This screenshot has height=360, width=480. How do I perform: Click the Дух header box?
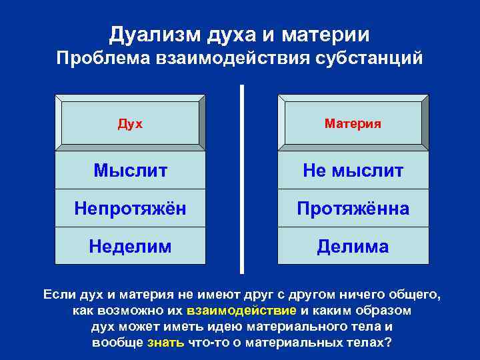tap(130, 123)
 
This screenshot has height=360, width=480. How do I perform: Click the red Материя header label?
tap(353, 123)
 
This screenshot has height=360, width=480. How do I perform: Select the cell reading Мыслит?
tap(130, 171)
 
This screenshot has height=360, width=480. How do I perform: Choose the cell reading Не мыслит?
tap(353, 171)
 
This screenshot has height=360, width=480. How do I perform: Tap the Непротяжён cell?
tap(130, 209)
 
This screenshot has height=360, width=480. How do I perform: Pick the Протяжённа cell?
tap(353, 209)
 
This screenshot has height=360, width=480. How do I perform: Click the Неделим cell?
tap(130, 246)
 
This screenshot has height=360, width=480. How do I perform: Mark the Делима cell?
tap(353, 246)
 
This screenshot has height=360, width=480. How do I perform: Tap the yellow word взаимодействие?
tap(241, 311)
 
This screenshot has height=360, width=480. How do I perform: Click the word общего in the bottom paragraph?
tap(415, 294)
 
